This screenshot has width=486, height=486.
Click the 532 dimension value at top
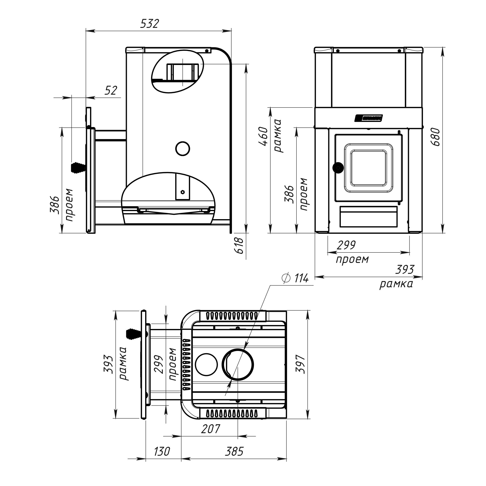coord(150,24)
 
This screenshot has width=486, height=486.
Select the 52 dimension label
coord(111,90)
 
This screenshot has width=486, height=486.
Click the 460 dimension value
coord(264,137)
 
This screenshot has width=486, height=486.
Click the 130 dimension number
coord(162,451)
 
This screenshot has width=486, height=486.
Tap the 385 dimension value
coord(234,451)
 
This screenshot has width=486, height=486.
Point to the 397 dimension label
coord(301,364)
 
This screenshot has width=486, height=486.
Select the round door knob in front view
coord(338,168)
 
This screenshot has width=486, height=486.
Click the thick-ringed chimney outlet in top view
coord(238,365)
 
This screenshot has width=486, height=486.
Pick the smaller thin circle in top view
coord(206,365)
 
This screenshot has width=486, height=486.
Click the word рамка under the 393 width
coord(396,284)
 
